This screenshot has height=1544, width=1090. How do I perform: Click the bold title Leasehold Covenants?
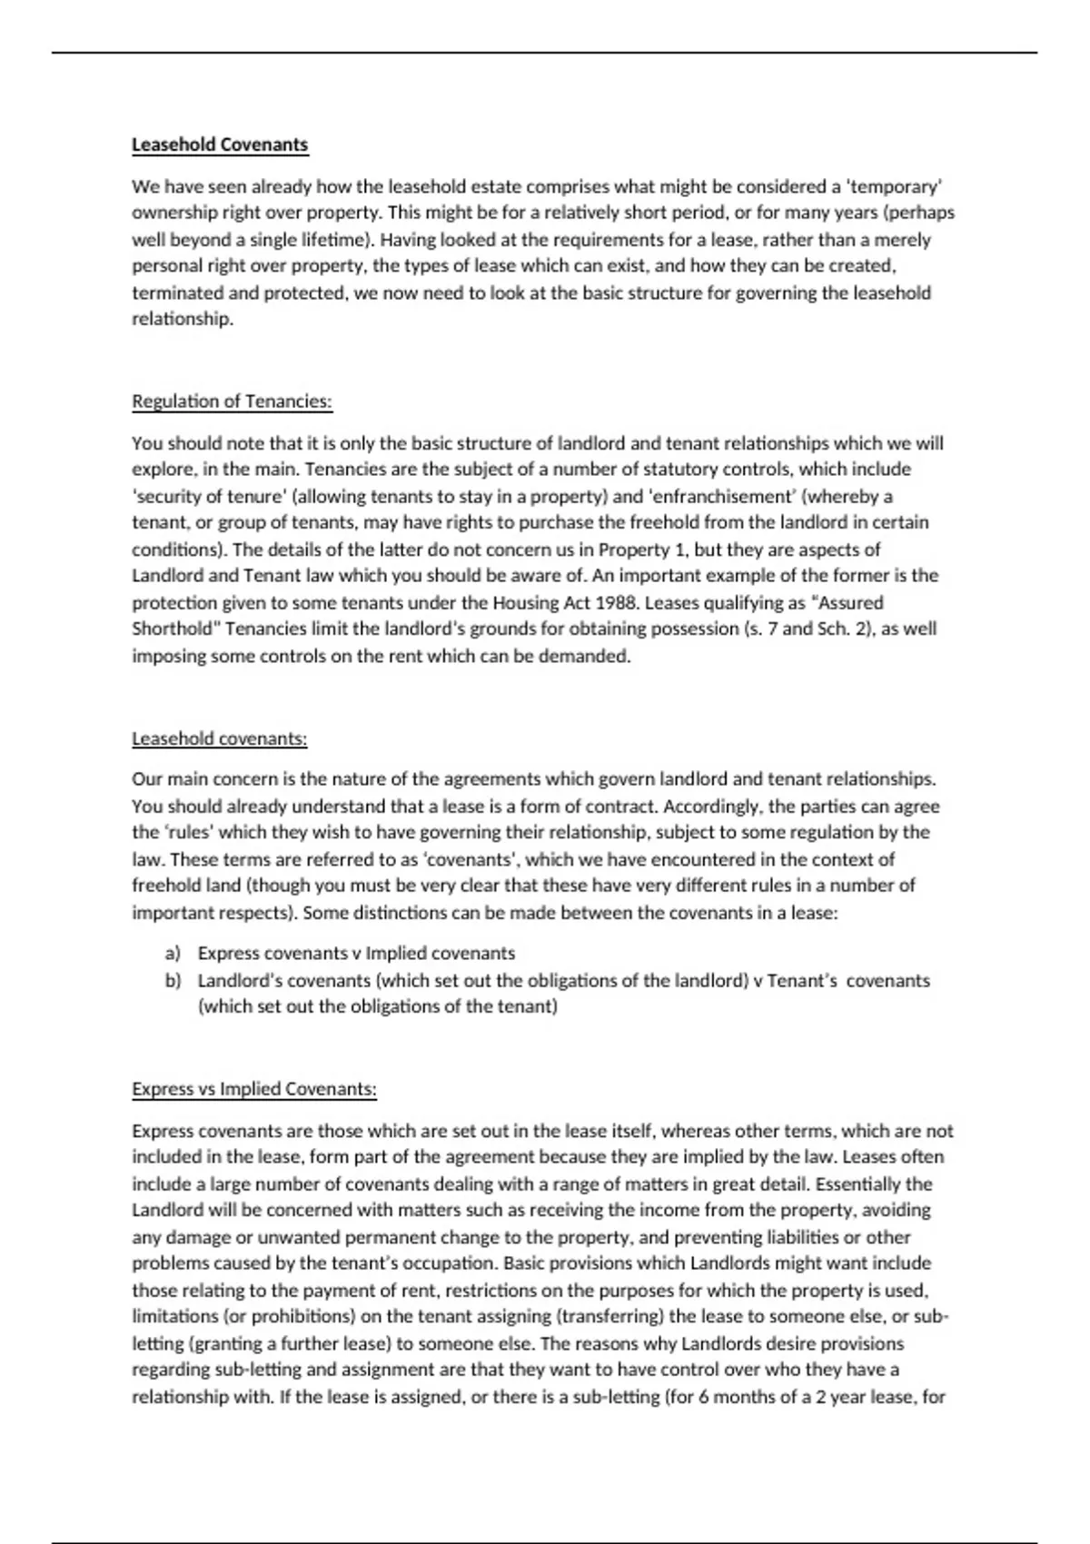tap(220, 144)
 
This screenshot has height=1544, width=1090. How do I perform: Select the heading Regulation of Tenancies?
tap(232, 401)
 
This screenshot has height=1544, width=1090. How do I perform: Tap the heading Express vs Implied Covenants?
tap(254, 1088)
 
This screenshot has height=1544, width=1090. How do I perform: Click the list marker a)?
tap(173, 953)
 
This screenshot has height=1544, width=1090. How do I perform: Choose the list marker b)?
tap(173, 980)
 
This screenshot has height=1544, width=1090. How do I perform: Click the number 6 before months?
tap(703, 1396)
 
